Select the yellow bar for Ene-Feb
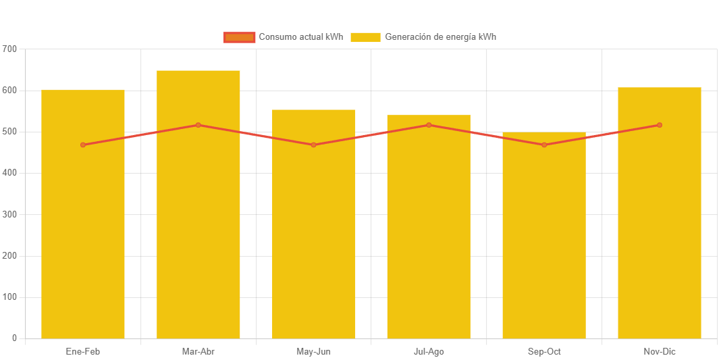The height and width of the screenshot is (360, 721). (x=83, y=236)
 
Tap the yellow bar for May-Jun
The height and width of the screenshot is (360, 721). (x=314, y=243)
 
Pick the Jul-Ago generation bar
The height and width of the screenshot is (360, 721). (x=429, y=243)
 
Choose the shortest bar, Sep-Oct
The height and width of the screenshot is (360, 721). (x=544, y=250)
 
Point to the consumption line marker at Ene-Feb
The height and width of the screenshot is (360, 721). (x=83, y=145)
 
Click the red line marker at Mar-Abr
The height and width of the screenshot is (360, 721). (x=198, y=125)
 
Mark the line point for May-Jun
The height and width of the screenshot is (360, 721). (x=314, y=145)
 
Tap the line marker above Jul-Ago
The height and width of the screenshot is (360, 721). (x=429, y=125)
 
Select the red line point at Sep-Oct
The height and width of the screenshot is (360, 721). (x=544, y=145)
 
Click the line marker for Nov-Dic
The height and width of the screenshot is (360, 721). (x=660, y=125)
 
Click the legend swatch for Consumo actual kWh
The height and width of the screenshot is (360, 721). (x=239, y=37)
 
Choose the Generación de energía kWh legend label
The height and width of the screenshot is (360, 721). (x=440, y=37)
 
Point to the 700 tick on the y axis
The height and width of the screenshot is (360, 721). (x=9, y=49)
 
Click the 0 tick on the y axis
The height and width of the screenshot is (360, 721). (x=14, y=338)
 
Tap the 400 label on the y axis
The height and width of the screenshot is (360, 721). (x=9, y=173)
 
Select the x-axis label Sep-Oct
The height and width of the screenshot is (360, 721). (x=544, y=352)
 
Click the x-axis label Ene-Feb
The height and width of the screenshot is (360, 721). (x=83, y=352)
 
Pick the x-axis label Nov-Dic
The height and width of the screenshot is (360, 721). (x=660, y=352)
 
